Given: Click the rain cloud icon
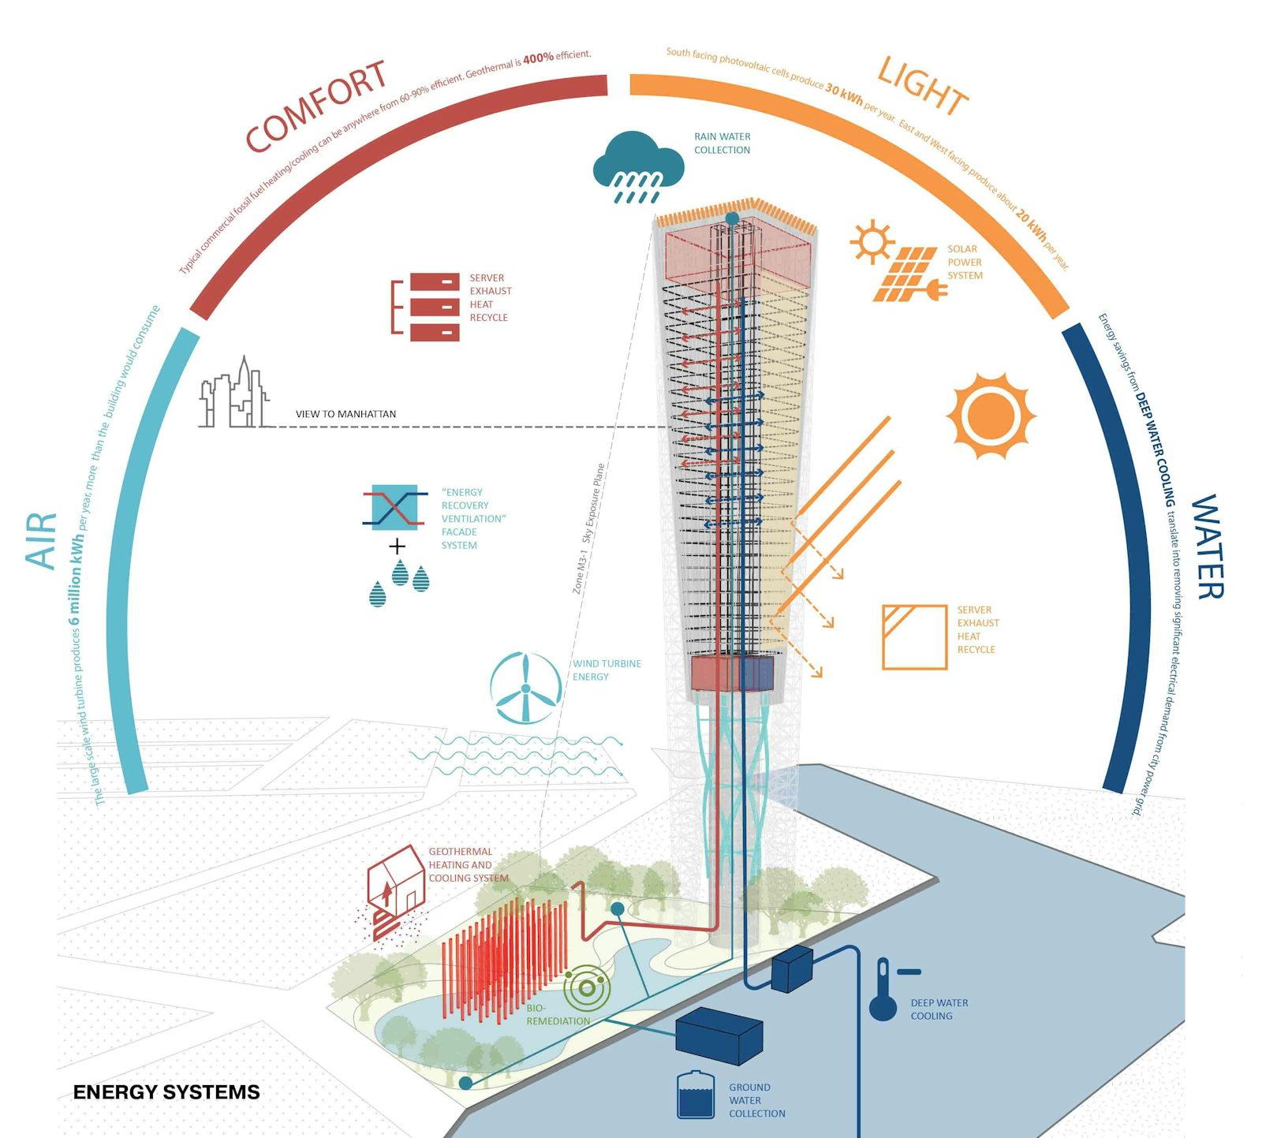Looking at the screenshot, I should point(637,166).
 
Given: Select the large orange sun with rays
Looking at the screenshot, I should point(991,415).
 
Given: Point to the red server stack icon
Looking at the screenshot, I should point(434,306).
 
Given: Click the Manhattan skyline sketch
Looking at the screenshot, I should point(233,395).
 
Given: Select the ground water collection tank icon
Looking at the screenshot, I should point(695,1095).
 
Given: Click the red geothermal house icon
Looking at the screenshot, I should point(396,886).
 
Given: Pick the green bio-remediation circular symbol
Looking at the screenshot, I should point(586,988).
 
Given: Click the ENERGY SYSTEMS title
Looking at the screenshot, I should point(166,1092).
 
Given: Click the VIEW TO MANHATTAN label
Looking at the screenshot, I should point(345,414).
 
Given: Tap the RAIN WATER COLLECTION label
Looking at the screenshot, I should point(722,144).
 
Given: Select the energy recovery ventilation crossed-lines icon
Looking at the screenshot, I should point(394,508).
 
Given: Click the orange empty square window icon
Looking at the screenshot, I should point(914,637).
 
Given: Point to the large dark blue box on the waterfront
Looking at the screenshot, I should point(719,1035).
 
